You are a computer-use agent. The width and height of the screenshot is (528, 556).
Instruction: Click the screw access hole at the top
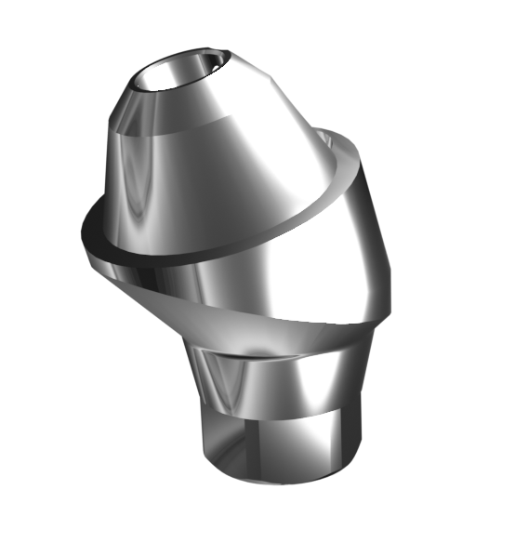click(179, 72)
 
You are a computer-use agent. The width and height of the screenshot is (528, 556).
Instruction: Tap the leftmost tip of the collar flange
click(84, 223)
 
